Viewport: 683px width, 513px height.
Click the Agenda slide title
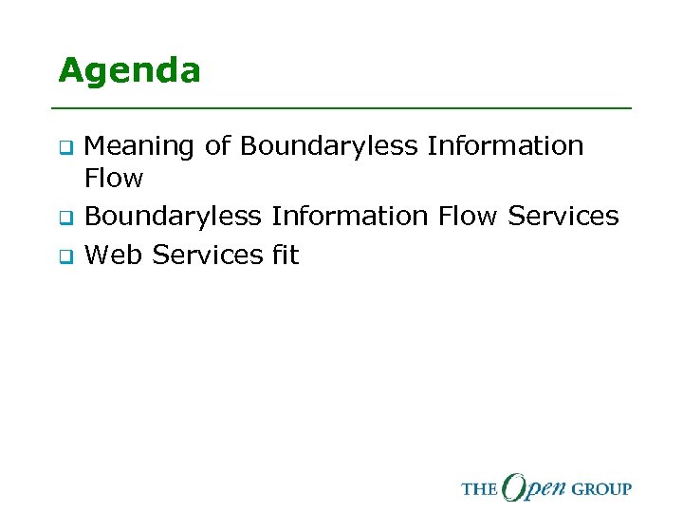(129, 71)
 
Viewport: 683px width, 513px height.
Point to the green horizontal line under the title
(343, 108)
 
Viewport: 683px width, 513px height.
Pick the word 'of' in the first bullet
(217, 146)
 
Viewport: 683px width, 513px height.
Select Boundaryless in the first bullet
(328, 147)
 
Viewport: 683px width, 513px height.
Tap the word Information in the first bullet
(506, 146)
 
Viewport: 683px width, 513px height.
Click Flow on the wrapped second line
(114, 179)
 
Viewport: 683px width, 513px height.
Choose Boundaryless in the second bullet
(173, 217)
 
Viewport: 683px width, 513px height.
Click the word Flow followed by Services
(468, 217)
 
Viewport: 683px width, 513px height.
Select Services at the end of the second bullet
(563, 217)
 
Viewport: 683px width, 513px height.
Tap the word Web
(114, 255)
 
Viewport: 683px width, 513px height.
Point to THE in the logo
(479, 489)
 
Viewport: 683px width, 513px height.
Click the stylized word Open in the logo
(533, 486)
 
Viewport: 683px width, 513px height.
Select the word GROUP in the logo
(600, 489)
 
